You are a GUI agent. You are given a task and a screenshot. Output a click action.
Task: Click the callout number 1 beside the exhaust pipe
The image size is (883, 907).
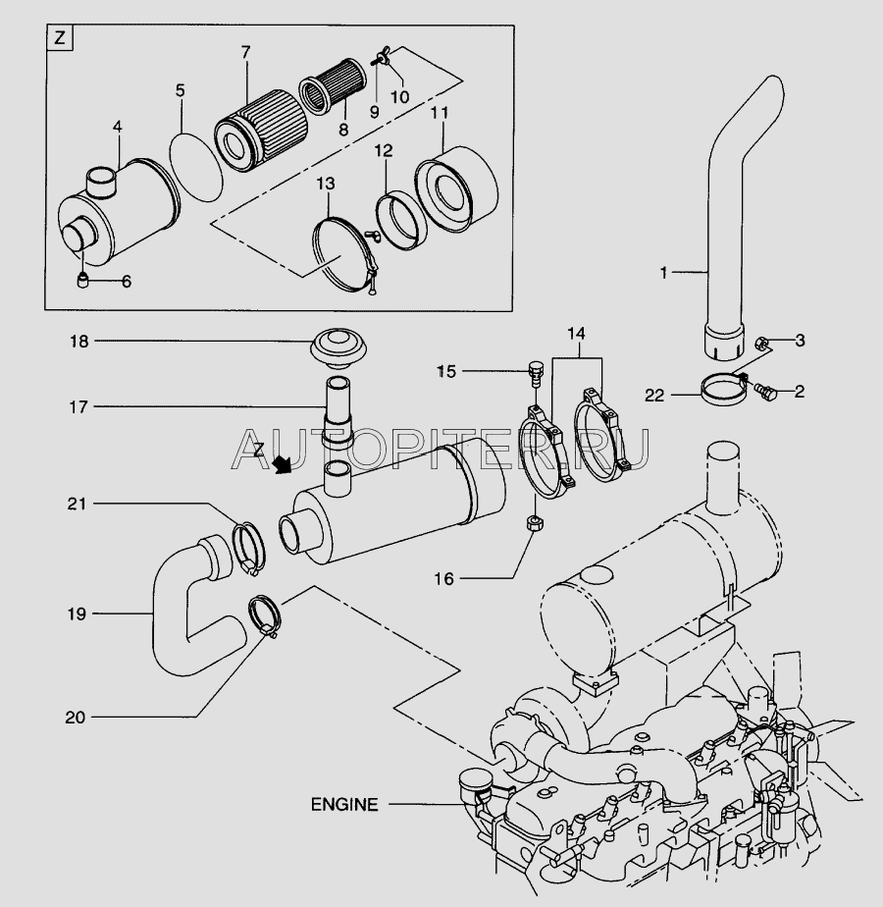tap(663, 273)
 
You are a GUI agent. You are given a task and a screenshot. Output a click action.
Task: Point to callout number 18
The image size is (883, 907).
tap(78, 342)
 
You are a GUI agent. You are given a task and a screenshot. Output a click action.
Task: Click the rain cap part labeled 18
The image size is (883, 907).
tap(337, 347)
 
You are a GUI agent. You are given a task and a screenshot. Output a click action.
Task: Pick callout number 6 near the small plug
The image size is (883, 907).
tap(126, 281)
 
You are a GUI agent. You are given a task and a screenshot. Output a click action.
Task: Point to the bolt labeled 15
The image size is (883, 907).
tap(535, 371)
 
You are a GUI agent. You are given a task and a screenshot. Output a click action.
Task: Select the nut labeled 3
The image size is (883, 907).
tap(763, 343)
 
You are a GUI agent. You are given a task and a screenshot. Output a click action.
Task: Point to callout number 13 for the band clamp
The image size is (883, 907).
tap(324, 184)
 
